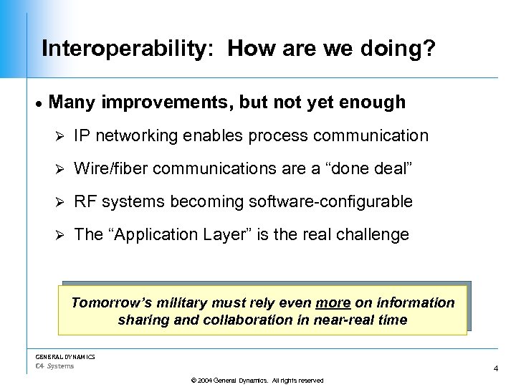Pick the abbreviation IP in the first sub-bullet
[82, 135]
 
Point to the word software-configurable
[330, 201]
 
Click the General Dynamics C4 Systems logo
[64, 360]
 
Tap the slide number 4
[495, 368]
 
